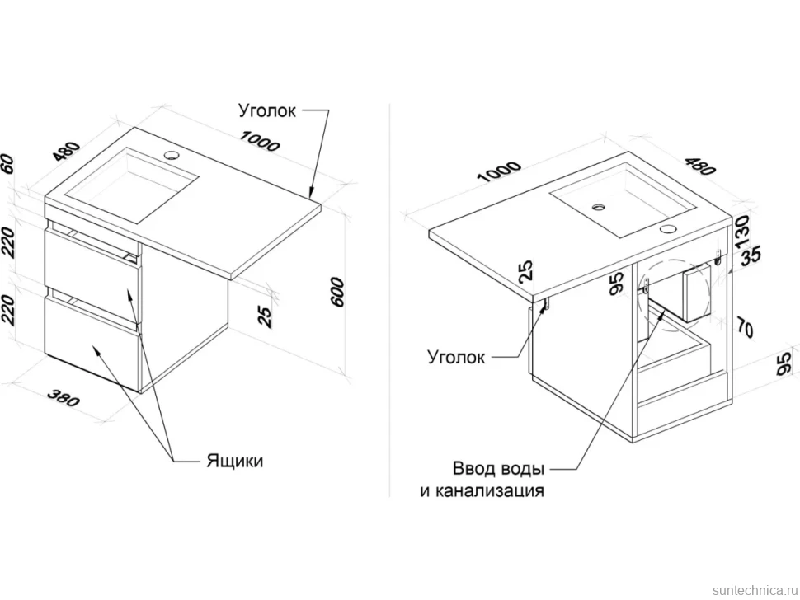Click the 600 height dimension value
337,292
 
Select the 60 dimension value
7,164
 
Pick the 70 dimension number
746,326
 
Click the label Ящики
235,461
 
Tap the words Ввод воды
498,468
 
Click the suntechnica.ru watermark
755,590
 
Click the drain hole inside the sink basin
599,207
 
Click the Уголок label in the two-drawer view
267,110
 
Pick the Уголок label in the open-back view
456,357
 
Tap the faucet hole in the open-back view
667,229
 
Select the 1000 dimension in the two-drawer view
260,141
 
